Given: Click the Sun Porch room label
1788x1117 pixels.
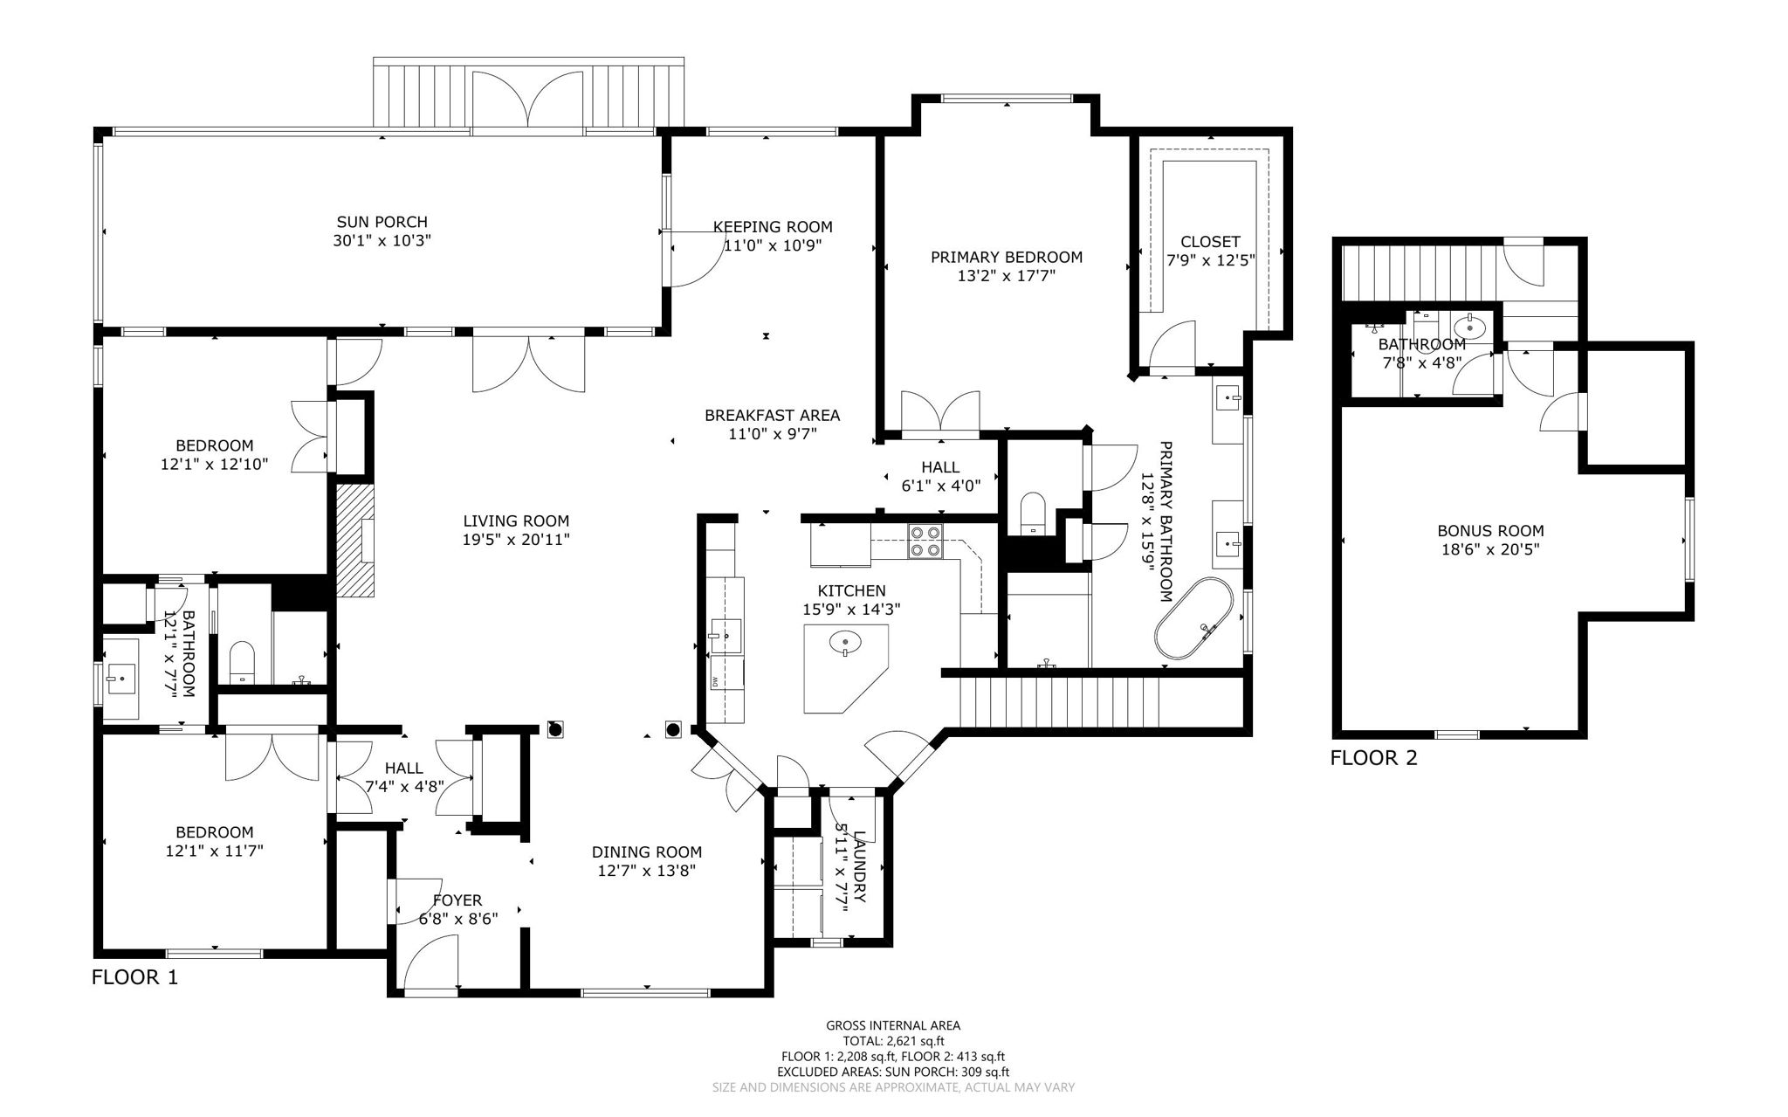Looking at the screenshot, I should coord(382,223).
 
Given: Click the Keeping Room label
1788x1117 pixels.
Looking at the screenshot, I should coord(773,227).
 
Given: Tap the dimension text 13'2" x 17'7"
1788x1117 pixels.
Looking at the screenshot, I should coord(1006,276).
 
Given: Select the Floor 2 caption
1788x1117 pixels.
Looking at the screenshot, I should coord(1373,758).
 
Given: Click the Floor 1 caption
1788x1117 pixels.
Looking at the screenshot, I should coord(134,977).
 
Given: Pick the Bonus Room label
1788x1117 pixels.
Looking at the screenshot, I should coord(1490,530).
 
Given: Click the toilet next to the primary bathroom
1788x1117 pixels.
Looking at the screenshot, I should coord(1033,514).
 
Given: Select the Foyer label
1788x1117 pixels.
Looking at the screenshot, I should coord(457,900).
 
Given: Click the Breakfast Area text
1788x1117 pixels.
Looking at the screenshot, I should coord(772,415).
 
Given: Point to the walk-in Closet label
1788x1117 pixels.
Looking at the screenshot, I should coord(1209,242).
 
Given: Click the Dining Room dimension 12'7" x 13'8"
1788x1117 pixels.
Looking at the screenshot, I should coord(646,871).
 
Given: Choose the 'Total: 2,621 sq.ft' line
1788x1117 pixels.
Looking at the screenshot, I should coord(893,1041).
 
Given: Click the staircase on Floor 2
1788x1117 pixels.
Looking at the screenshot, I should coord(1418,271).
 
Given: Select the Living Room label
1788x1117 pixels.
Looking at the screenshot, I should coord(516,521).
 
